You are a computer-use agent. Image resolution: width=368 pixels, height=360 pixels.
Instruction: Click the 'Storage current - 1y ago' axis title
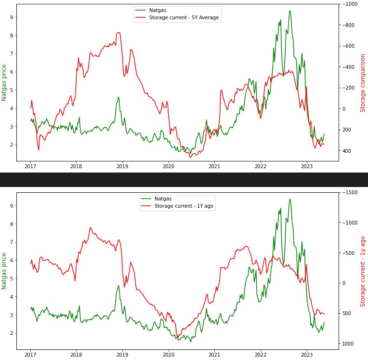coord(363,271)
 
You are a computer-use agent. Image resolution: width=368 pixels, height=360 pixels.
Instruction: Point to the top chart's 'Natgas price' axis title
coord(4,82)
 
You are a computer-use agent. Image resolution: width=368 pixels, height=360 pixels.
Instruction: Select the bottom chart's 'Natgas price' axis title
coord(4,271)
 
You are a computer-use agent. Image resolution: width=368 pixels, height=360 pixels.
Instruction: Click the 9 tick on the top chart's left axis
coord(12,17)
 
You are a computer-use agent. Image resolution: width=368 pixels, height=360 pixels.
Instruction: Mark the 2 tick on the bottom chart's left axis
coord(12,333)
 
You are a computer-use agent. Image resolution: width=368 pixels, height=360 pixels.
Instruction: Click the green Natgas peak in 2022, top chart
coord(289,11)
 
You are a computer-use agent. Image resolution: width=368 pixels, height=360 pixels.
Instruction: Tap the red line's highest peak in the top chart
coord(118,33)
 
